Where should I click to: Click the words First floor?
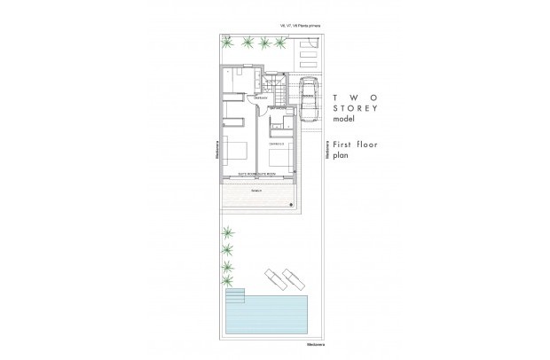(354, 142)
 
